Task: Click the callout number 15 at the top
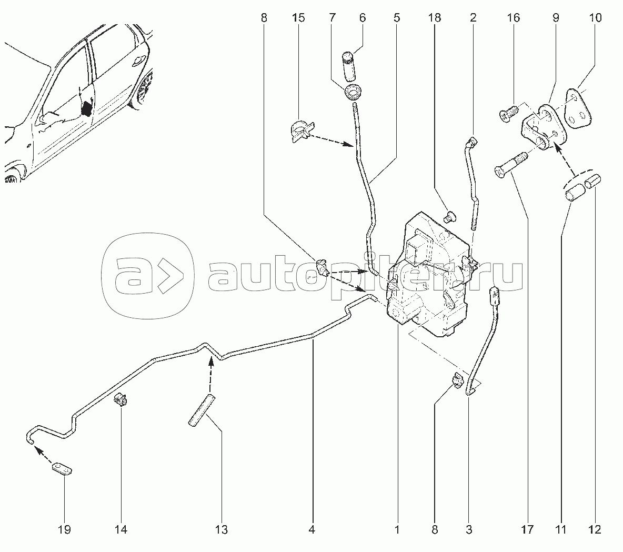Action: click(x=298, y=18)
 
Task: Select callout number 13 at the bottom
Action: click(x=222, y=529)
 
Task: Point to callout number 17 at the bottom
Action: click(x=527, y=529)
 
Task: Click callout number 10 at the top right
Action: click(x=595, y=18)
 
